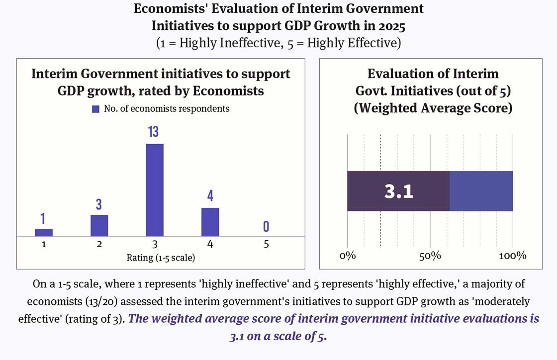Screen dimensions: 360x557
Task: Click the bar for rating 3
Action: click(x=155, y=189)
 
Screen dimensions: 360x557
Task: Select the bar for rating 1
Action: click(x=44, y=232)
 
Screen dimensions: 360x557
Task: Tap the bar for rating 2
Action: click(x=99, y=225)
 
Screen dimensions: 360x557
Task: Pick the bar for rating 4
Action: click(x=210, y=222)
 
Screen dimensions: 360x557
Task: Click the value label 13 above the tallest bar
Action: click(x=154, y=132)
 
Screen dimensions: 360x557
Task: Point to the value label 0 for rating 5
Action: click(x=266, y=227)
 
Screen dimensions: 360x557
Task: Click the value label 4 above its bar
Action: click(x=210, y=196)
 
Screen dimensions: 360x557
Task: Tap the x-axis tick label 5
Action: click(x=266, y=244)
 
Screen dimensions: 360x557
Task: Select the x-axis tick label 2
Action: click(x=99, y=244)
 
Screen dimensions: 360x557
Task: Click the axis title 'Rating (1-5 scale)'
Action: click(x=155, y=258)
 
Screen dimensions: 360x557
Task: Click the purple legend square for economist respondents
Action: click(x=96, y=109)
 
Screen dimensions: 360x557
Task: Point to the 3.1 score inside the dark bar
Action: click(x=399, y=192)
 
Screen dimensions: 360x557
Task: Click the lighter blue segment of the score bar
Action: click(x=481, y=191)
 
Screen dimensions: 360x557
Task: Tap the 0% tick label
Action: click(x=347, y=256)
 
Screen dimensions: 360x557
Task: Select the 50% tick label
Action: click(x=430, y=256)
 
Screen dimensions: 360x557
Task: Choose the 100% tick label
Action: click(x=512, y=256)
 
